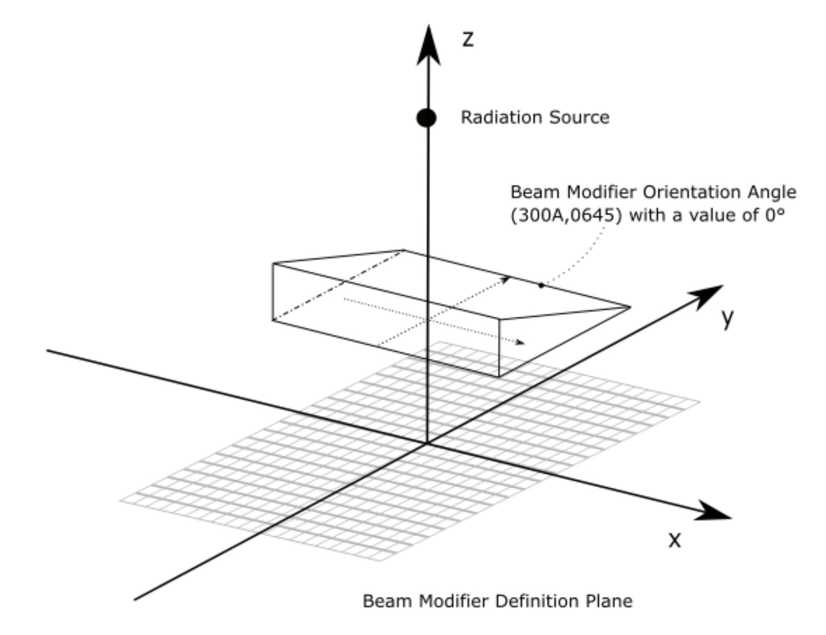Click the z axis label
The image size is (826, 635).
tap(468, 40)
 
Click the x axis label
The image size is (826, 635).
tap(675, 540)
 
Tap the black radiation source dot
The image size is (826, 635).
tap(426, 118)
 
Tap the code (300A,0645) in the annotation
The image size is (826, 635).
tap(566, 216)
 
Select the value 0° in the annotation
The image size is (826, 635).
tap(775, 215)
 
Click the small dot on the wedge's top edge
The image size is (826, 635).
tap(541, 285)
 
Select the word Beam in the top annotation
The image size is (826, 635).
tap(530, 192)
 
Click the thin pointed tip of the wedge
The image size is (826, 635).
tap(629, 307)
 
